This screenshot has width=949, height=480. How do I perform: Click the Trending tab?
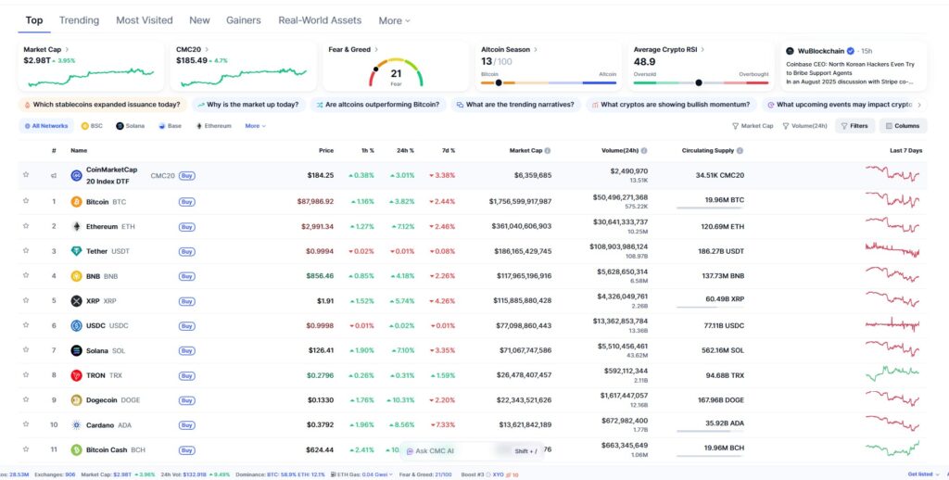click(79, 19)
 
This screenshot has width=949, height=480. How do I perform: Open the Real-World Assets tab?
click(320, 19)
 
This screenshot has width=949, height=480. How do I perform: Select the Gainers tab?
click(243, 19)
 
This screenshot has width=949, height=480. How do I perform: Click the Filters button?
click(854, 125)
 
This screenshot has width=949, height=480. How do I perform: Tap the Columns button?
click(902, 125)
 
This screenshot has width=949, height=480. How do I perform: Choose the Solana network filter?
click(132, 125)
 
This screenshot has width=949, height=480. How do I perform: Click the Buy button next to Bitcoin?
click(186, 201)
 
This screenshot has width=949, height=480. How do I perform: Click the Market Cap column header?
click(528, 150)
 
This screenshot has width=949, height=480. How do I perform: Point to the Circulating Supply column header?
click(708, 150)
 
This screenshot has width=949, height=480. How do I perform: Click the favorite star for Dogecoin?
click(26, 400)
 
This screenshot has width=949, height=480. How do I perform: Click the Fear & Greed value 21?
click(396, 72)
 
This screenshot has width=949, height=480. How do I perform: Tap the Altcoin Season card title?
click(504, 49)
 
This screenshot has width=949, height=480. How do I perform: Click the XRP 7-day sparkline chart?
click(892, 300)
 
